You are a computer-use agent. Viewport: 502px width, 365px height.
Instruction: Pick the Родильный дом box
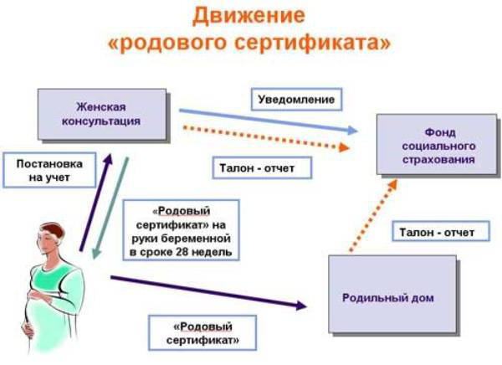[392, 296]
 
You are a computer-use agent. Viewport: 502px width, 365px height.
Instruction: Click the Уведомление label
[297, 100]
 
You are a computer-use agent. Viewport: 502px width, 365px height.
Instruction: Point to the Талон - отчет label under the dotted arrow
[251, 167]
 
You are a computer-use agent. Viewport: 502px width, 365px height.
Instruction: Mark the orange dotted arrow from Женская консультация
[268, 136]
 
